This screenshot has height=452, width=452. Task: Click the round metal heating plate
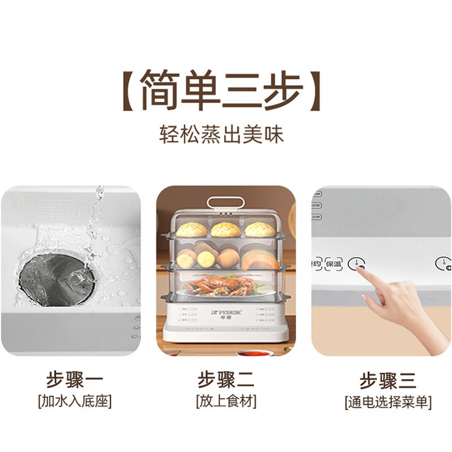[57, 276]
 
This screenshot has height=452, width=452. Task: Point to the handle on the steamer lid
[225, 203]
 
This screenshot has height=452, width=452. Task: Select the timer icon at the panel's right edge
[443, 263]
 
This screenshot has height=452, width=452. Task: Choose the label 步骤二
[226, 379]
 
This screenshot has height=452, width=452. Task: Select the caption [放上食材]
[226, 402]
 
